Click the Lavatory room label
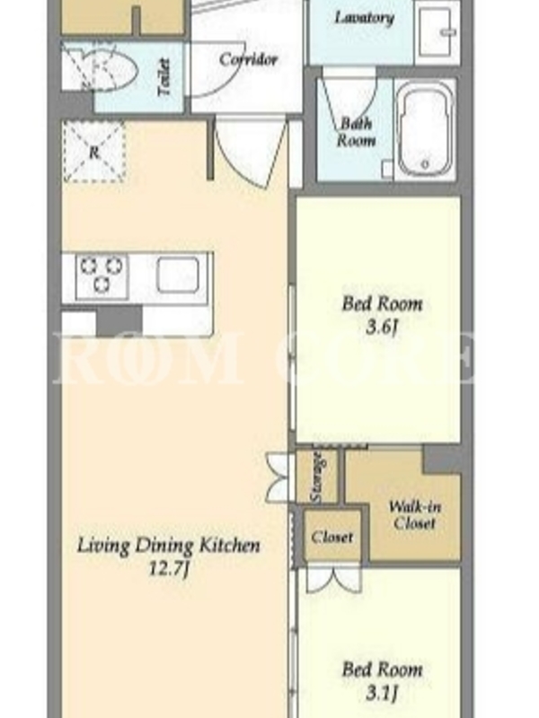pyautogui.click(x=364, y=18)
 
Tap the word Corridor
pyautogui.click(x=248, y=59)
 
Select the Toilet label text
pyautogui.click(x=163, y=77)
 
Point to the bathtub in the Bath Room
pyautogui.click(x=424, y=128)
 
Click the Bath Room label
pyautogui.click(x=355, y=132)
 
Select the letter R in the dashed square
pyautogui.click(x=93, y=153)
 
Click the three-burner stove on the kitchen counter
pyautogui.click(x=102, y=276)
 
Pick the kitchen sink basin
pyautogui.click(x=178, y=275)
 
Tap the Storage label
pyautogui.click(x=317, y=477)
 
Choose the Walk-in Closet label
pyautogui.click(x=414, y=514)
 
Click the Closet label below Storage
pyautogui.click(x=332, y=537)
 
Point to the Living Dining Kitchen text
pyautogui.click(x=168, y=546)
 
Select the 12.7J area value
pyautogui.click(x=168, y=569)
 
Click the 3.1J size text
pyautogui.click(x=381, y=693)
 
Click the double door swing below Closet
pyautogui.click(x=333, y=580)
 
